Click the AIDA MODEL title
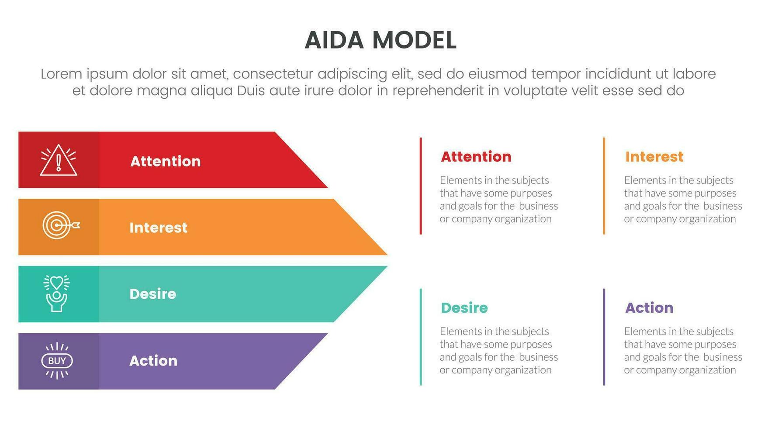[380, 40]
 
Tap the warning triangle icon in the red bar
[59, 160]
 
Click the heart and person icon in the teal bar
[57, 293]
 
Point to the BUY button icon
[57, 361]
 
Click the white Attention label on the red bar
[166, 161]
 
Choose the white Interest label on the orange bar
[158, 228]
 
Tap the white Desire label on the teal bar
[153, 294]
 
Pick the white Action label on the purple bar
[153, 361]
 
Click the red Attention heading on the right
[476, 156]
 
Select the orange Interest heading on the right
[654, 156]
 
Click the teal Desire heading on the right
[464, 308]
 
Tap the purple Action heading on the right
[649, 308]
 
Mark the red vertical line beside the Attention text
[421, 186]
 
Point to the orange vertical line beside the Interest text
[604, 186]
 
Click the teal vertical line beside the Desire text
[421, 337]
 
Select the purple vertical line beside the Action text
[604, 337]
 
